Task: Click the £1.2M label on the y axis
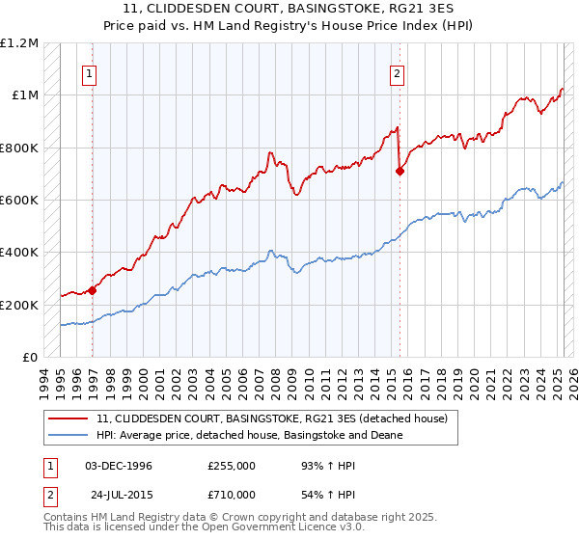(19, 43)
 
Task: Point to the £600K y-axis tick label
(19, 201)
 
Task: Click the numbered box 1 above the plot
(89, 73)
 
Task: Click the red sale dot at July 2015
(400, 171)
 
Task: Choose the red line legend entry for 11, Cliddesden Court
(272, 419)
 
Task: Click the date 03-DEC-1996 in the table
(119, 466)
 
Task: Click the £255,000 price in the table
(231, 466)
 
